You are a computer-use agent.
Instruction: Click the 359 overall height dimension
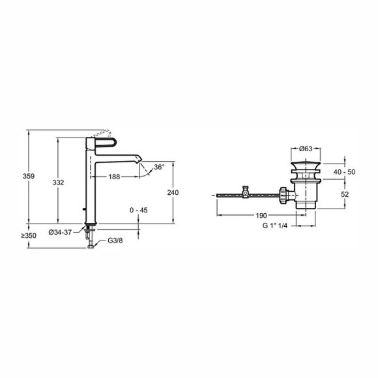pyautogui.click(x=29, y=176)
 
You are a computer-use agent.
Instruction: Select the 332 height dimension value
pyautogui.click(x=59, y=182)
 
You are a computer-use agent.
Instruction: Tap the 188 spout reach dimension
pyautogui.click(x=114, y=177)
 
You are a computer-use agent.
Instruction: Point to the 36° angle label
pyautogui.click(x=160, y=167)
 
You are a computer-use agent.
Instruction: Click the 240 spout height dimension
pyautogui.click(x=173, y=193)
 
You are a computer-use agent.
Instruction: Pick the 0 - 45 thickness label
pyautogui.click(x=139, y=211)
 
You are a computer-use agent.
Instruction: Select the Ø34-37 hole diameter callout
pyautogui.click(x=60, y=232)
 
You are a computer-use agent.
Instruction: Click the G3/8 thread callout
pyautogui.click(x=115, y=240)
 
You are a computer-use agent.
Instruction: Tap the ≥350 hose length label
pyautogui.click(x=29, y=235)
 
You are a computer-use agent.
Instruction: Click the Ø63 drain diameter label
pyautogui.click(x=306, y=149)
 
